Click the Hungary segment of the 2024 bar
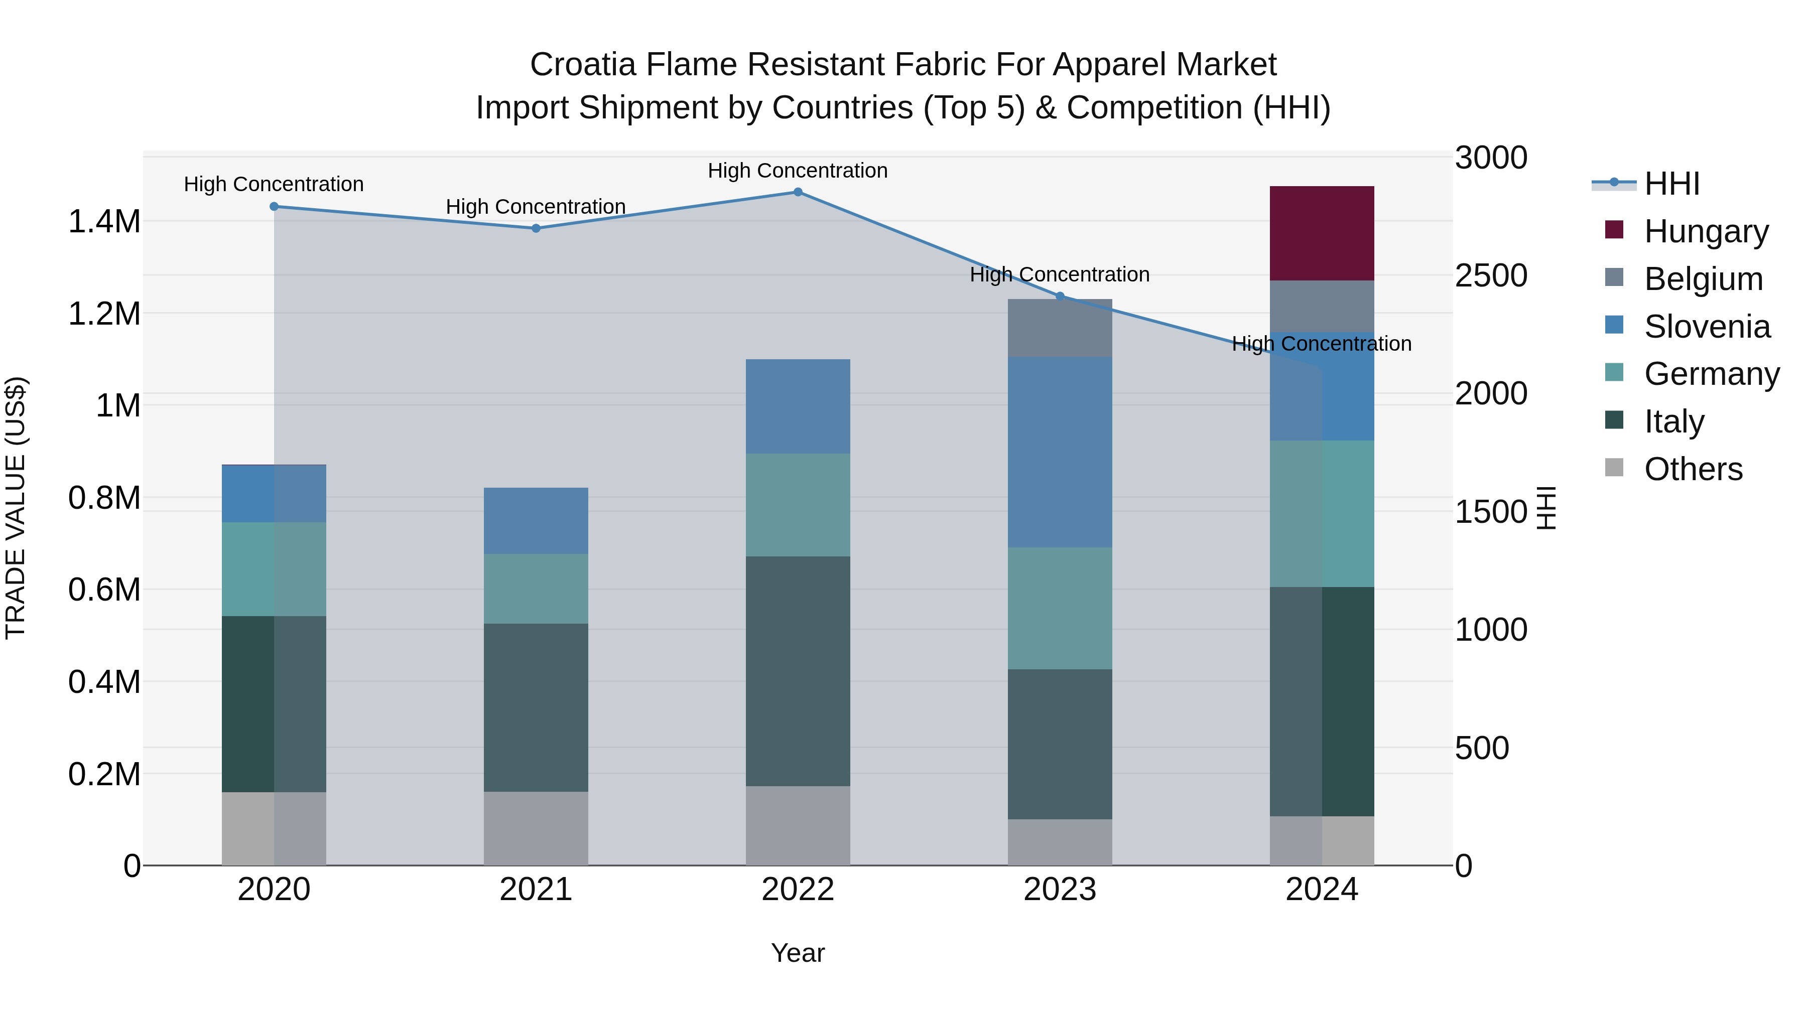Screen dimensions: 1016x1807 coord(1322,233)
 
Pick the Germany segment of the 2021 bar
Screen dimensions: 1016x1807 coord(536,589)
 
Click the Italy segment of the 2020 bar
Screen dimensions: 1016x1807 coord(274,703)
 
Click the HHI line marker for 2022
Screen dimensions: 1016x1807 coord(798,192)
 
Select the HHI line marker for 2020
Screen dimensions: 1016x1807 coord(274,206)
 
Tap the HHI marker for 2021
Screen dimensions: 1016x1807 coord(536,228)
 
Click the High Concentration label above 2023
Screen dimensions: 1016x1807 coord(1059,274)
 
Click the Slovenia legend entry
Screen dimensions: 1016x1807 coord(1706,326)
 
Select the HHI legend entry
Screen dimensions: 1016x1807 coord(1671,184)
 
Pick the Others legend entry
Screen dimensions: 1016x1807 coord(1692,469)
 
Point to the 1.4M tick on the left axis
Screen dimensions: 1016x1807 coord(104,222)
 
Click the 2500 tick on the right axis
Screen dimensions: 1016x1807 coord(1491,275)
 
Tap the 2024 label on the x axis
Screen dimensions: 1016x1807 coord(1322,890)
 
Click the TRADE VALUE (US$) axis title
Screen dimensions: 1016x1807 coord(16,508)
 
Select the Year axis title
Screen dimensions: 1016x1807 coord(798,953)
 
